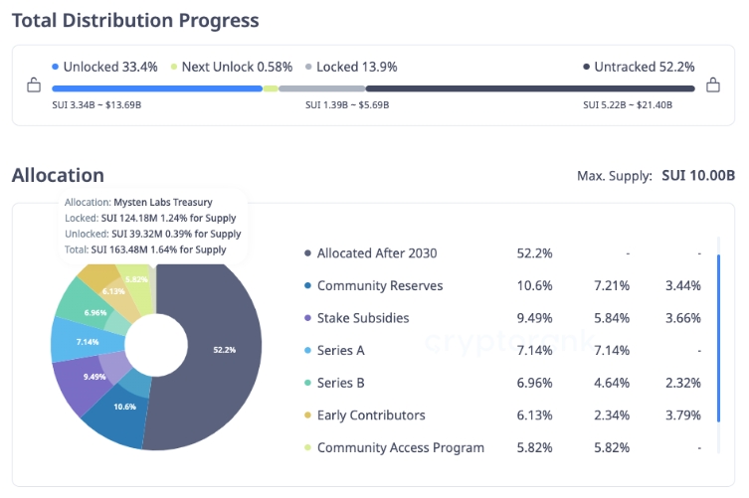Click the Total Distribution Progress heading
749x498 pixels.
point(135,20)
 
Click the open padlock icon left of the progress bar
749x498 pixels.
point(34,85)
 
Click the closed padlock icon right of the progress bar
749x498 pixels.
point(712,85)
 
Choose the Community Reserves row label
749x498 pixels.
point(380,286)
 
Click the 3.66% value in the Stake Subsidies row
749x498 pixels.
point(681,318)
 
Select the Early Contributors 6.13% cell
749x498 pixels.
point(534,415)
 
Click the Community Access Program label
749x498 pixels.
point(401,447)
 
